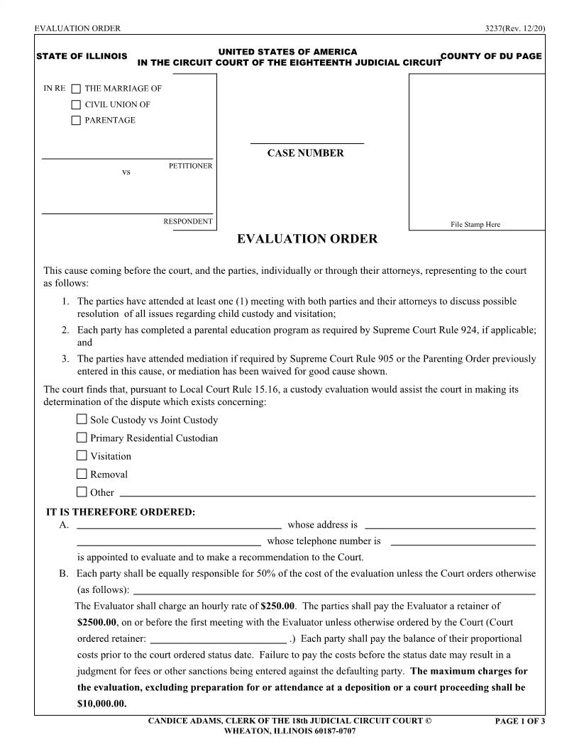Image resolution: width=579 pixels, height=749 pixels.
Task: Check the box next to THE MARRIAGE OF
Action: tap(76, 89)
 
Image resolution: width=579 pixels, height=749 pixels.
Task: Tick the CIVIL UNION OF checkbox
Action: tap(76, 105)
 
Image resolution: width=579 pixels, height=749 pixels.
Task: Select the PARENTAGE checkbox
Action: tap(76, 121)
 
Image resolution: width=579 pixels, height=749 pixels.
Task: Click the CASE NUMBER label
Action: tap(305, 153)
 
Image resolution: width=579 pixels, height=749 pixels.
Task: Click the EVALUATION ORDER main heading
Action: tap(307, 239)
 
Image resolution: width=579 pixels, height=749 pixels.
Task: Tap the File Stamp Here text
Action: tap(475, 225)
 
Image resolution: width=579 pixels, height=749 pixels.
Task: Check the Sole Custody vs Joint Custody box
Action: tap(82, 419)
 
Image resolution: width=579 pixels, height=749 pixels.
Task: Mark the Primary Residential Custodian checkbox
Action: tap(82, 438)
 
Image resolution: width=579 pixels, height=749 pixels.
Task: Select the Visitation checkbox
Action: tap(82, 455)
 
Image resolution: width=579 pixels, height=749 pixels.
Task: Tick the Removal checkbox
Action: tap(82, 474)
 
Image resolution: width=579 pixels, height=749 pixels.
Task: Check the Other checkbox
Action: tap(82, 492)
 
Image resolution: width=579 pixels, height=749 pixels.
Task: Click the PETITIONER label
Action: tap(190, 166)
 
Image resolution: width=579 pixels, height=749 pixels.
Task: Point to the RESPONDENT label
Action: tap(188, 221)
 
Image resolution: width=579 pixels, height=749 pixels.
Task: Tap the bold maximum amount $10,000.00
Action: tap(101, 704)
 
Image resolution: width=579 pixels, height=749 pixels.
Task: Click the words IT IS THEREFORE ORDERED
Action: tap(120, 512)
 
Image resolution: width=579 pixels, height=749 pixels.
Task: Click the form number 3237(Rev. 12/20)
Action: tap(514, 28)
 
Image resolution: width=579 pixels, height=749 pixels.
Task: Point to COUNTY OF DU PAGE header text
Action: tap(491, 56)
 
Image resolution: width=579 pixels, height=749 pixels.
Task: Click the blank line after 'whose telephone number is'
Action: tap(463, 542)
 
